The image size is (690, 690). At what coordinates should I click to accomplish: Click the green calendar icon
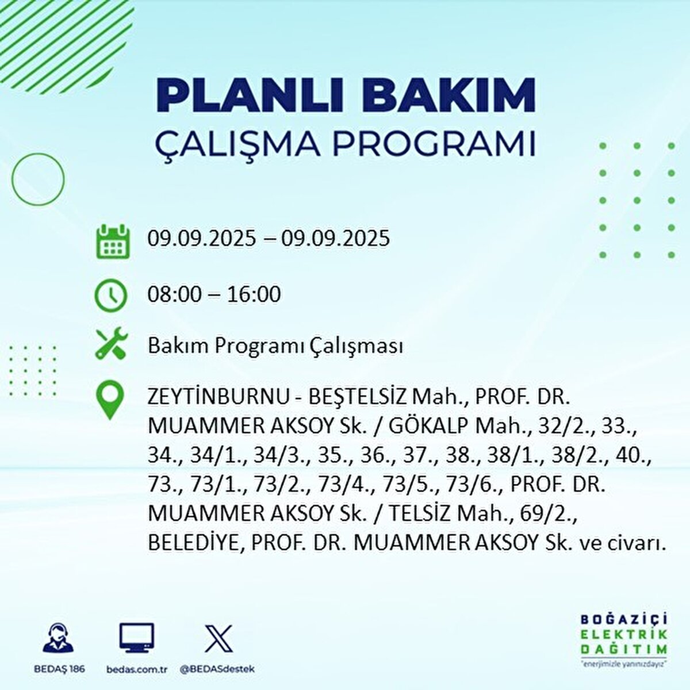pyautogui.click(x=112, y=241)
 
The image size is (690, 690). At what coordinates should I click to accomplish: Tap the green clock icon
pyautogui.click(x=110, y=295)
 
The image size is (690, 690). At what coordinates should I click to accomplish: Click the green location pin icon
pyautogui.click(x=110, y=401)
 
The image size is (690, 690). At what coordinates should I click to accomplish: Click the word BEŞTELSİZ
pyautogui.click(x=357, y=398)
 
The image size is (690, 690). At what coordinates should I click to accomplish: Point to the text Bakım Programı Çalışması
pyautogui.click(x=275, y=346)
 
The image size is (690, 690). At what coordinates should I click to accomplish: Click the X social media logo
pyautogui.click(x=218, y=639)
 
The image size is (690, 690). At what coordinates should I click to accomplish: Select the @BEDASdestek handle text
pyautogui.click(x=217, y=669)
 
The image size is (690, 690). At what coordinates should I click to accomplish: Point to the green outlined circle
pyautogui.click(x=39, y=179)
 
